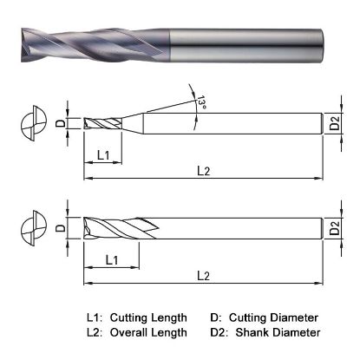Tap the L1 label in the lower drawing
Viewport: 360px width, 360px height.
click(x=112, y=259)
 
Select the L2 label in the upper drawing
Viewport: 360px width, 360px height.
click(x=204, y=171)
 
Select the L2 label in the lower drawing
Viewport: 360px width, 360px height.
click(x=204, y=275)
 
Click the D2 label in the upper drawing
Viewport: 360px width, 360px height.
click(x=335, y=127)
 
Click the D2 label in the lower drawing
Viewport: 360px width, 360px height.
click(x=335, y=229)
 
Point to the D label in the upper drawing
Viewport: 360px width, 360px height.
click(x=59, y=124)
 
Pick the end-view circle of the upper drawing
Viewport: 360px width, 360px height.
click(x=33, y=125)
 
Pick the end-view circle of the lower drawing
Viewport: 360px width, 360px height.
click(x=33, y=228)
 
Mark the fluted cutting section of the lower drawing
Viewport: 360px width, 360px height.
click(x=113, y=228)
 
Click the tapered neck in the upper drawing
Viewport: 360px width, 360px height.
click(x=131, y=125)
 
